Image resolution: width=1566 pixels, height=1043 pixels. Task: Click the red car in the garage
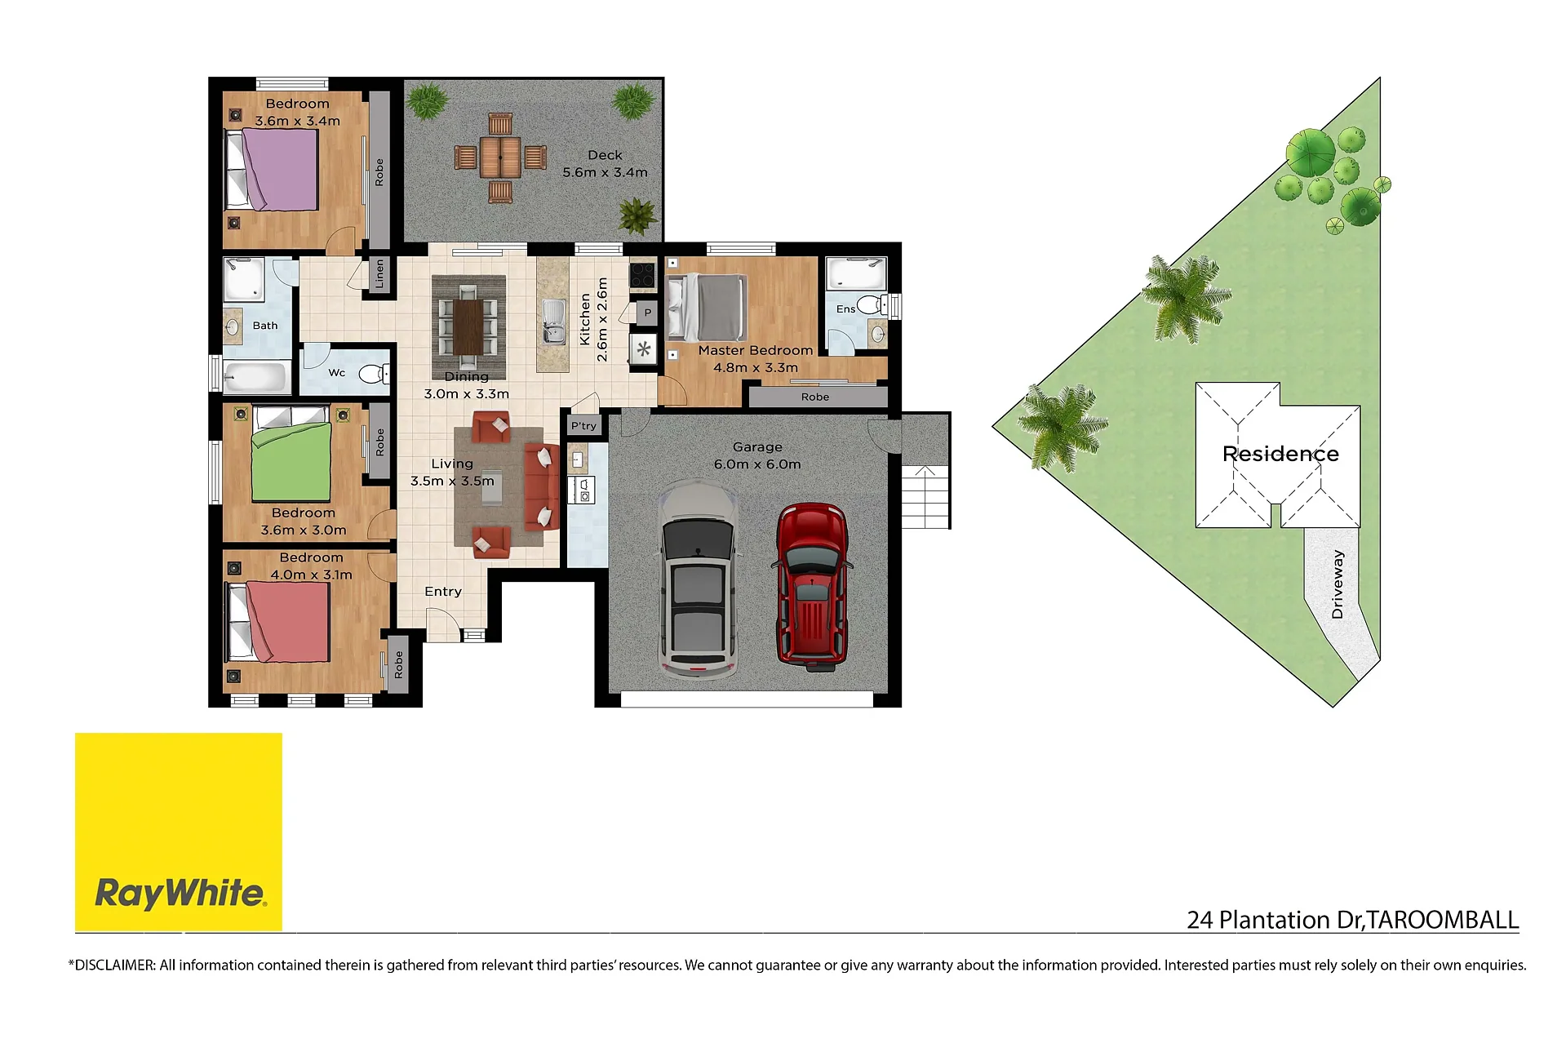click(x=812, y=586)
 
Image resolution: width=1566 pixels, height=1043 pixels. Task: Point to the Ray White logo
click(x=179, y=832)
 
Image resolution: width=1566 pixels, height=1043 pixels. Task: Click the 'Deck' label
click(x=605, y=155)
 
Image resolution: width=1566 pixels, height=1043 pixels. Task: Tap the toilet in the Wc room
click(x=374, y=374)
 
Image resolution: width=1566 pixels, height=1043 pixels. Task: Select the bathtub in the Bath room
click(x=255, y=378)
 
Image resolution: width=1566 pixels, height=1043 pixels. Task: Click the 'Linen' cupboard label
click(x=379, y=274)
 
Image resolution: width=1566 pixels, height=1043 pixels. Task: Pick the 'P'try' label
click(x=583, y=426)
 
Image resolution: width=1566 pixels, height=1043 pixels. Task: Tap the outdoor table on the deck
click(x=500, y=158)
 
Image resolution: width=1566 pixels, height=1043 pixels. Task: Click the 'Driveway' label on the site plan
click(x=1337, y=584)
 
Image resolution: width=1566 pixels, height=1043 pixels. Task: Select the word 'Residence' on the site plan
click(x=1280, y=454)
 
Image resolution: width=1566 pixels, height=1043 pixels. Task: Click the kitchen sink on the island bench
click(x=553, y=321)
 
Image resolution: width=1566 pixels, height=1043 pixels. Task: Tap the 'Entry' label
click(x=443, y=592)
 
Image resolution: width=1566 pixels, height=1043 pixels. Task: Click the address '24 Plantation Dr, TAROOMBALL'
click(x=1352, y=920)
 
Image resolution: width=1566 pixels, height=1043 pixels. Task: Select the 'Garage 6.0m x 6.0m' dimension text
click(x=757, y=455)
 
